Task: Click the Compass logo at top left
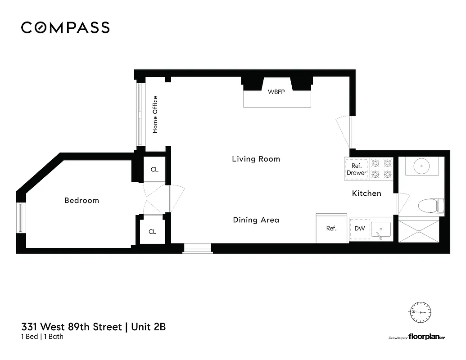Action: click(65, 27)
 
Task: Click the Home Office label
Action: click(155, 114)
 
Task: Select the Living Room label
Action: click(256, 159)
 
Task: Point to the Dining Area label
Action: click(256, 220)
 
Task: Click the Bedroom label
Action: click(81, 200)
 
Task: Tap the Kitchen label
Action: click(366, 193)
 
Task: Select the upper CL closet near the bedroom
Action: click(154, 170)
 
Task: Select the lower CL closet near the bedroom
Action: click(153, 231)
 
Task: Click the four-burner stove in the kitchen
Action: click(381, 168)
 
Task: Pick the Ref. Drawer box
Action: click(357, 169)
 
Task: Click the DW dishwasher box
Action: click(359, 229)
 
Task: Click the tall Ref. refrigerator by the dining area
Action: click(331, 228)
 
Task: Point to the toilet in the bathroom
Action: click(430, 207)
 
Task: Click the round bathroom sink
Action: click(421, 166)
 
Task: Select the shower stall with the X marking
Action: click(419, 231)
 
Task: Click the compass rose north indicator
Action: click(420, 311)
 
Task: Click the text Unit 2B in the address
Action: click(148, 327)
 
